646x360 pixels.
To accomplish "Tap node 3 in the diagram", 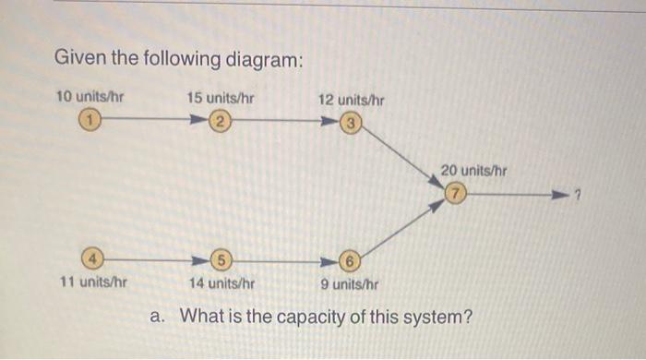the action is (351, 123).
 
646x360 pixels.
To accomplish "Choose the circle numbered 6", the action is (351, 260).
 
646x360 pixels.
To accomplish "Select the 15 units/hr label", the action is (221, 97).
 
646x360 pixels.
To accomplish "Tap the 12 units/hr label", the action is (352, 99).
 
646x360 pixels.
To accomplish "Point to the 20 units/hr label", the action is (473, 171).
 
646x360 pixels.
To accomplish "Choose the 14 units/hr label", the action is (221, 283).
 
